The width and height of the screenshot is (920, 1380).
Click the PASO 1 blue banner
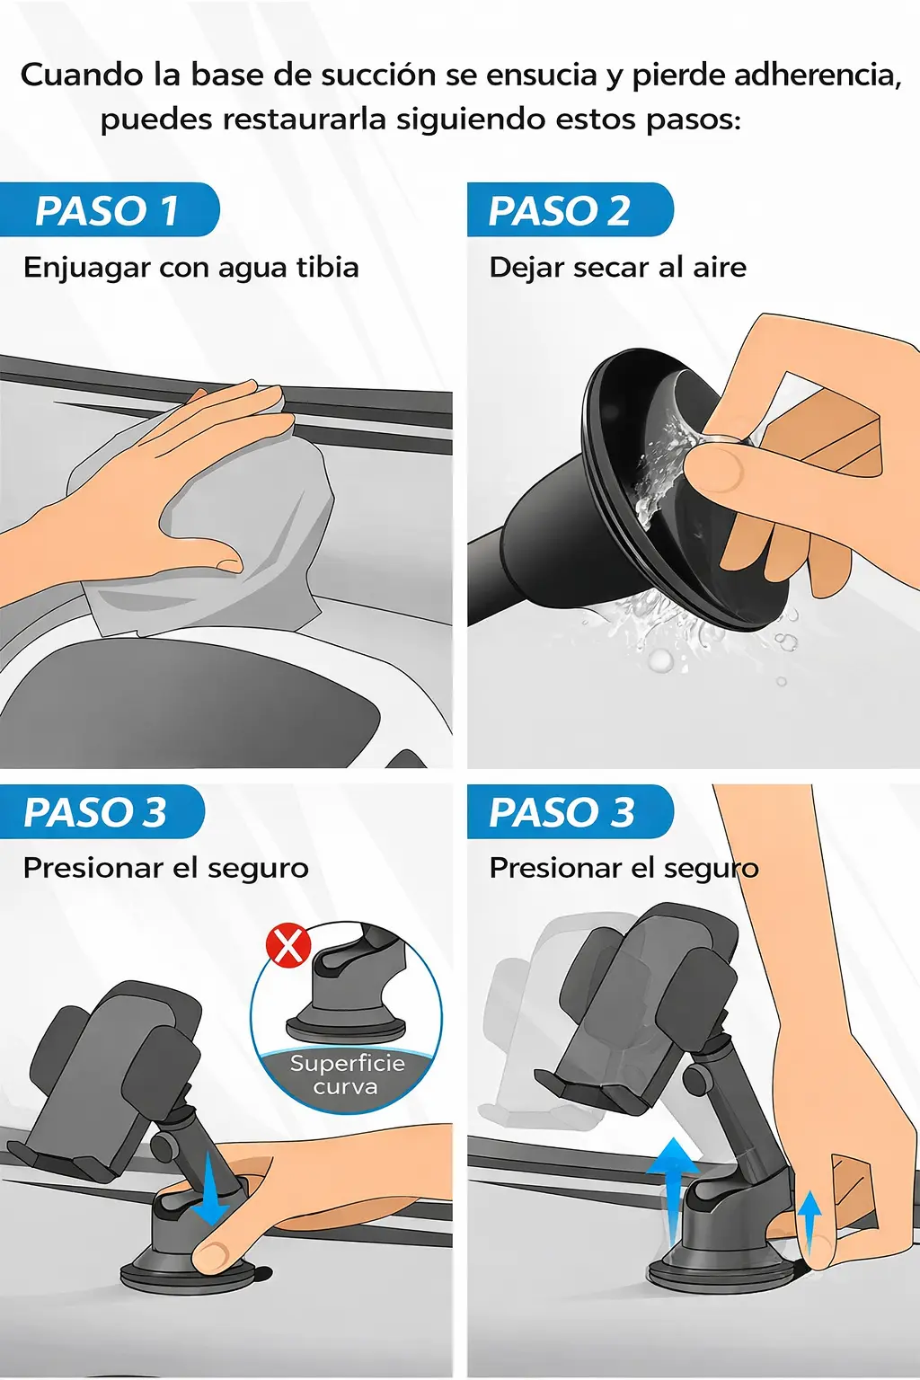click(x=110, y=210)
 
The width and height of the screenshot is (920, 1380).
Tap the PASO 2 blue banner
click(x=570, y=210)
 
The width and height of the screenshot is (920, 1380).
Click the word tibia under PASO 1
click(x=328, y=268)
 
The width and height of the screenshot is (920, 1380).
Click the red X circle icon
click(x=287, y=948)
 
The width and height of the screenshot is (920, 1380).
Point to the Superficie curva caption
click(x=347, y=1075)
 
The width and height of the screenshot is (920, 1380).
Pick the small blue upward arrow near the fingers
click(x=809, y=1220)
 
